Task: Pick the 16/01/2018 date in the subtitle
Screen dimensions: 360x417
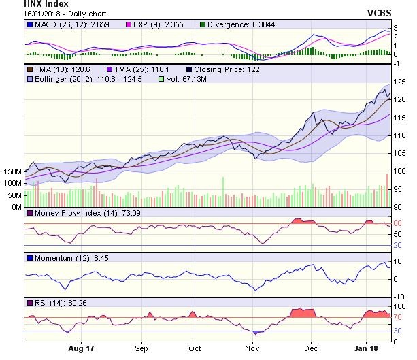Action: [20, 14]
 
